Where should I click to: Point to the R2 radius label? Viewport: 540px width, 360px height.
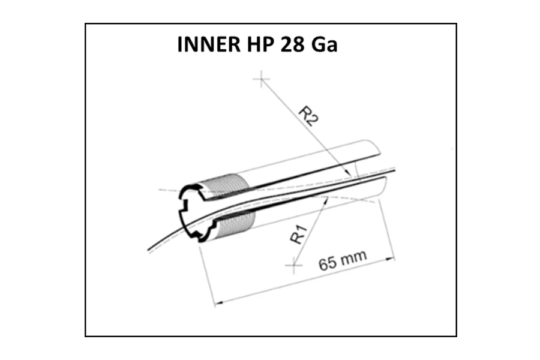pos(308,116)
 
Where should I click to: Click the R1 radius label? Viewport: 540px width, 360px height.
pos(298,234)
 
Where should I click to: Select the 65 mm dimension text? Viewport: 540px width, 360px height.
pos(343,260)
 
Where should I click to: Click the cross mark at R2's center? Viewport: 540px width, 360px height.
pos(262,79)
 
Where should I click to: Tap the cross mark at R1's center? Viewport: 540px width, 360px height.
pos(294,265)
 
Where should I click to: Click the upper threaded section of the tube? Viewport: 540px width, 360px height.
pos(227,185)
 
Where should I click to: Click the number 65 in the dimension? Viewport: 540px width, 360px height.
pos(327,264)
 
